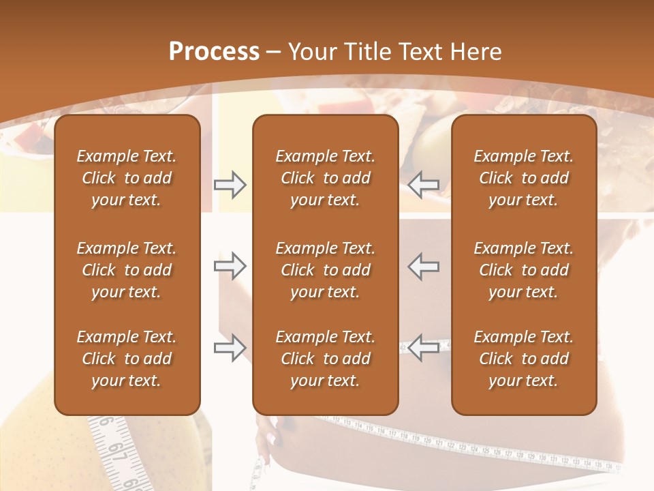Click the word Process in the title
tap(214, 52)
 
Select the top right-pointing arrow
tap(230, 184)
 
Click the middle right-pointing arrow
tap(230, 266)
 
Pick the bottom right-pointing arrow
tap(230, 348)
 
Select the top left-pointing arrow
tap(424, 184)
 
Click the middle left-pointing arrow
tap(424, 266)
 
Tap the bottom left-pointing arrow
tap(424, 348)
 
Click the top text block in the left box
tap(127, 178)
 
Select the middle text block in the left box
tap(127, 270)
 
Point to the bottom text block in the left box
tap(127, 359)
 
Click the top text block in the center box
tap(325, 178)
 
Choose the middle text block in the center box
tap(325, 270)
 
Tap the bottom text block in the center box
tap(325, 359)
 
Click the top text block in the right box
tap(523, 178)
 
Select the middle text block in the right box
tap(523, 270)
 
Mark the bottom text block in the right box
tap(523, 359)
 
